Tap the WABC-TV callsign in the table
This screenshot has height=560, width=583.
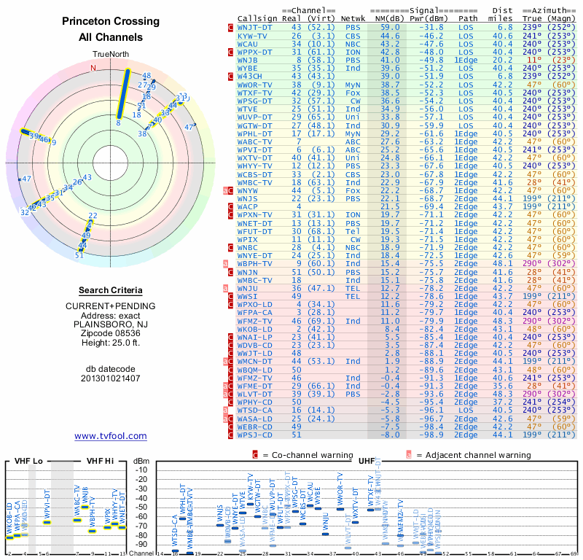255,141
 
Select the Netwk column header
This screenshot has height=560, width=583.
353,18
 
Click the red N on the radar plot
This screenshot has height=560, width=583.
93,68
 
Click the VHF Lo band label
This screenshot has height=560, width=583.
28,461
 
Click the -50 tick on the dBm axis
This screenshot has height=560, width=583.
141,507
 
